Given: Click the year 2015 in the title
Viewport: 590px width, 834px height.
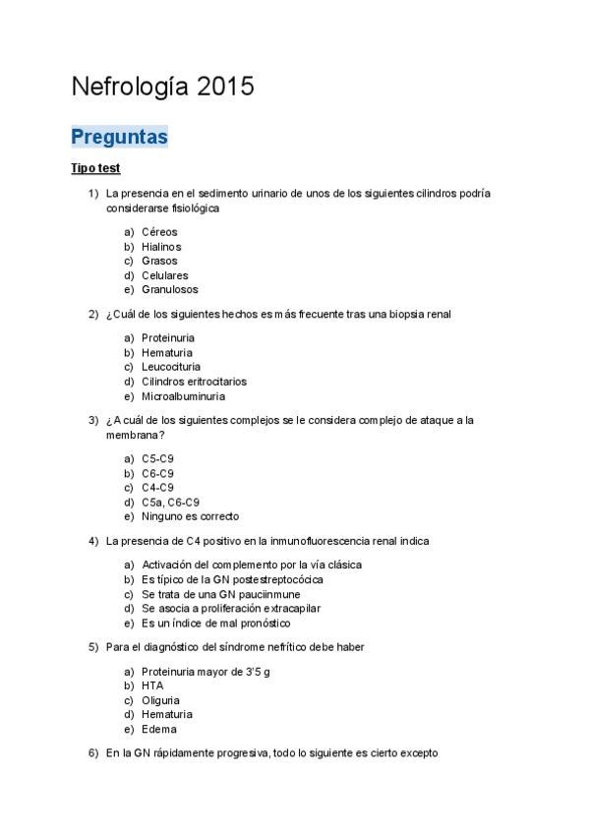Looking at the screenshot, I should coord(225,87).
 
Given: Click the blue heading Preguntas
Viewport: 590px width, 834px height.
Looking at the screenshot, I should coord(119,137).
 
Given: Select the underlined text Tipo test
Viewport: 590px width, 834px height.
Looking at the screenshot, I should coord(95,169).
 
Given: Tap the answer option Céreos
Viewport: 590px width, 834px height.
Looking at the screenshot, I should coord(159,232).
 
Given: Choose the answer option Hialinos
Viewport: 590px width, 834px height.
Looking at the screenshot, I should coord(161,247).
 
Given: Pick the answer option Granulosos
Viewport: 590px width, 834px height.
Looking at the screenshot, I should coord(169,290).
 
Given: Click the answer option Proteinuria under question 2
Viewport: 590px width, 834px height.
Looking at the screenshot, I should coord(167,338).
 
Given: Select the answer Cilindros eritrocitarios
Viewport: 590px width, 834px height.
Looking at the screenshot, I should coord(194,382).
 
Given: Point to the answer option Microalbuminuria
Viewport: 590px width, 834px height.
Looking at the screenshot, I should coord(183,396).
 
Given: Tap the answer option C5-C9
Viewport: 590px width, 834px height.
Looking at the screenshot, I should coord(157,459).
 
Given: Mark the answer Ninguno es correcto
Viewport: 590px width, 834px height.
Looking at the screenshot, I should coord(190,516).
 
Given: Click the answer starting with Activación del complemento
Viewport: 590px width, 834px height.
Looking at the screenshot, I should coord(251,566).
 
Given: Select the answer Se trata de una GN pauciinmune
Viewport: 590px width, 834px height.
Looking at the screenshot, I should coord(220,594).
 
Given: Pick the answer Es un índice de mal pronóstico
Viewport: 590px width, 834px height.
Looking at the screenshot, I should coord(215,623).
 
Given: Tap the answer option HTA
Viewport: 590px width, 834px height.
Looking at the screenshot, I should coord(152,685).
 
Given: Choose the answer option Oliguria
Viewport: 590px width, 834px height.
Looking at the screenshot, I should coord(160,700).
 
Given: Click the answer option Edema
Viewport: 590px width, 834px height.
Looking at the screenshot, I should coord(158,729).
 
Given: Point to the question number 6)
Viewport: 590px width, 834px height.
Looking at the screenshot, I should coord(93,753).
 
